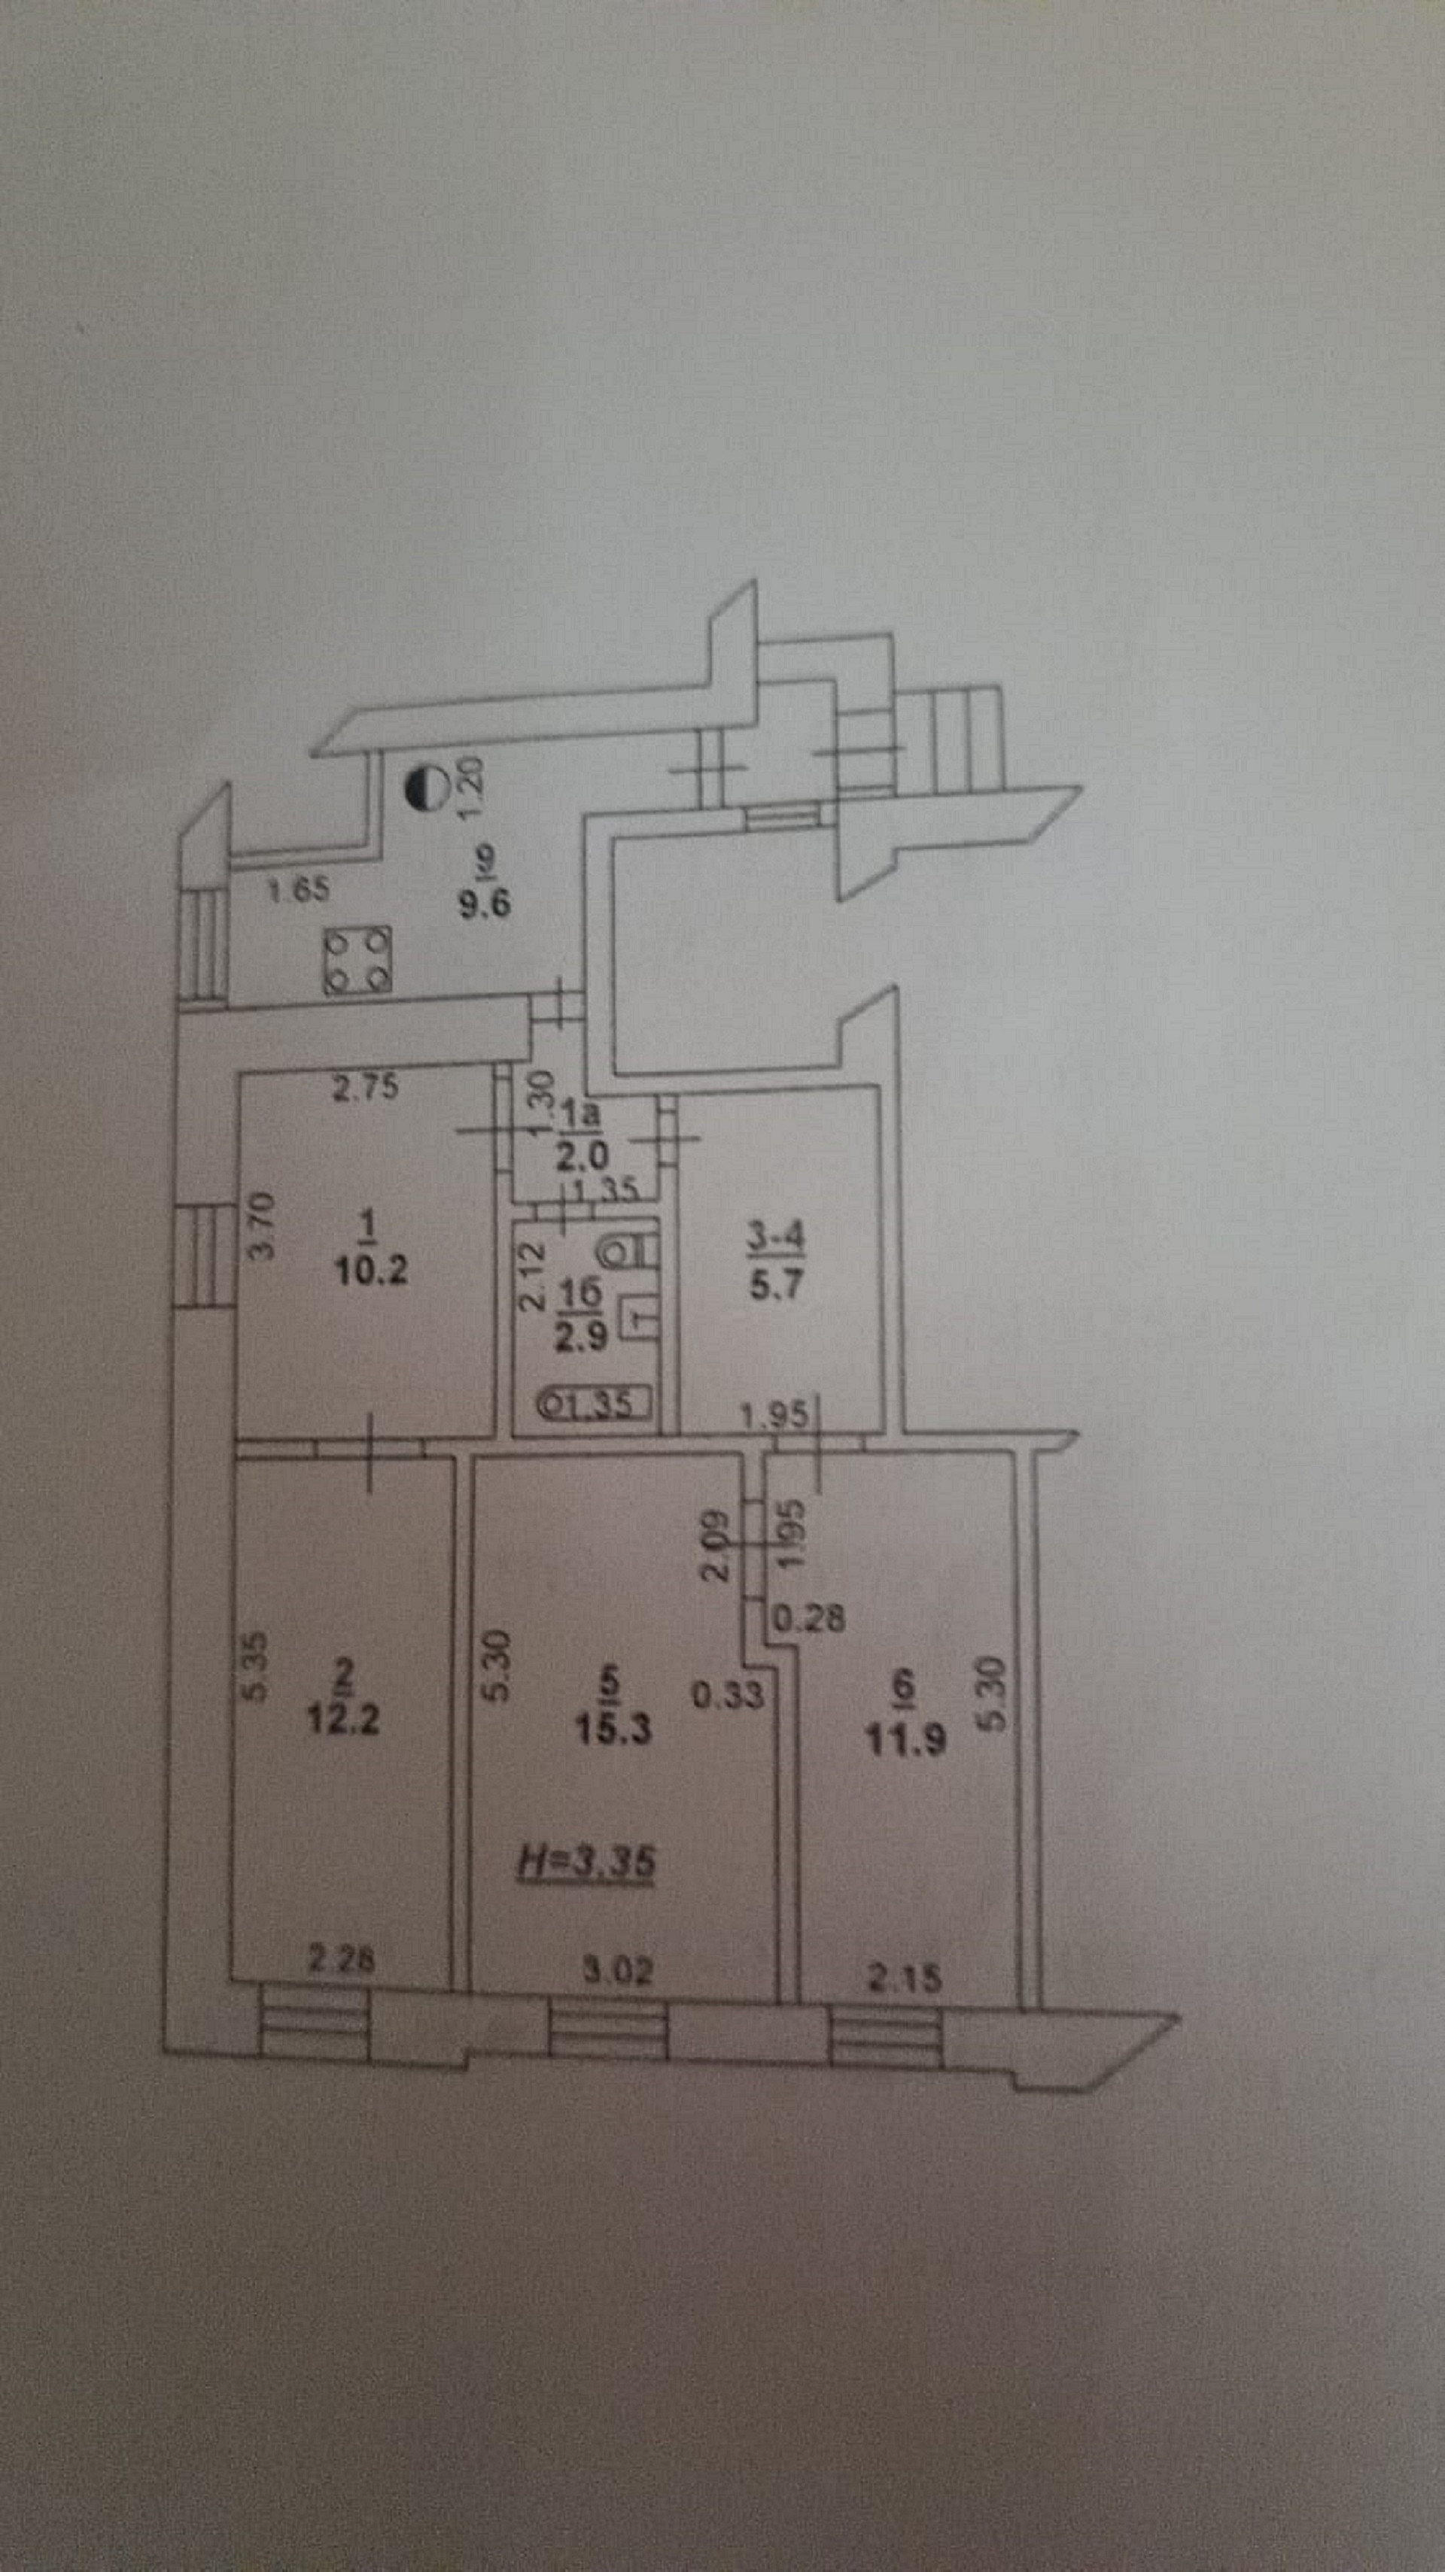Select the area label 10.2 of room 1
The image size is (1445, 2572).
point(370,1274)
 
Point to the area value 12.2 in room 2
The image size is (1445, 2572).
point(342,1721)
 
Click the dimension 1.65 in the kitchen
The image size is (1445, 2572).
point(300,888)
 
